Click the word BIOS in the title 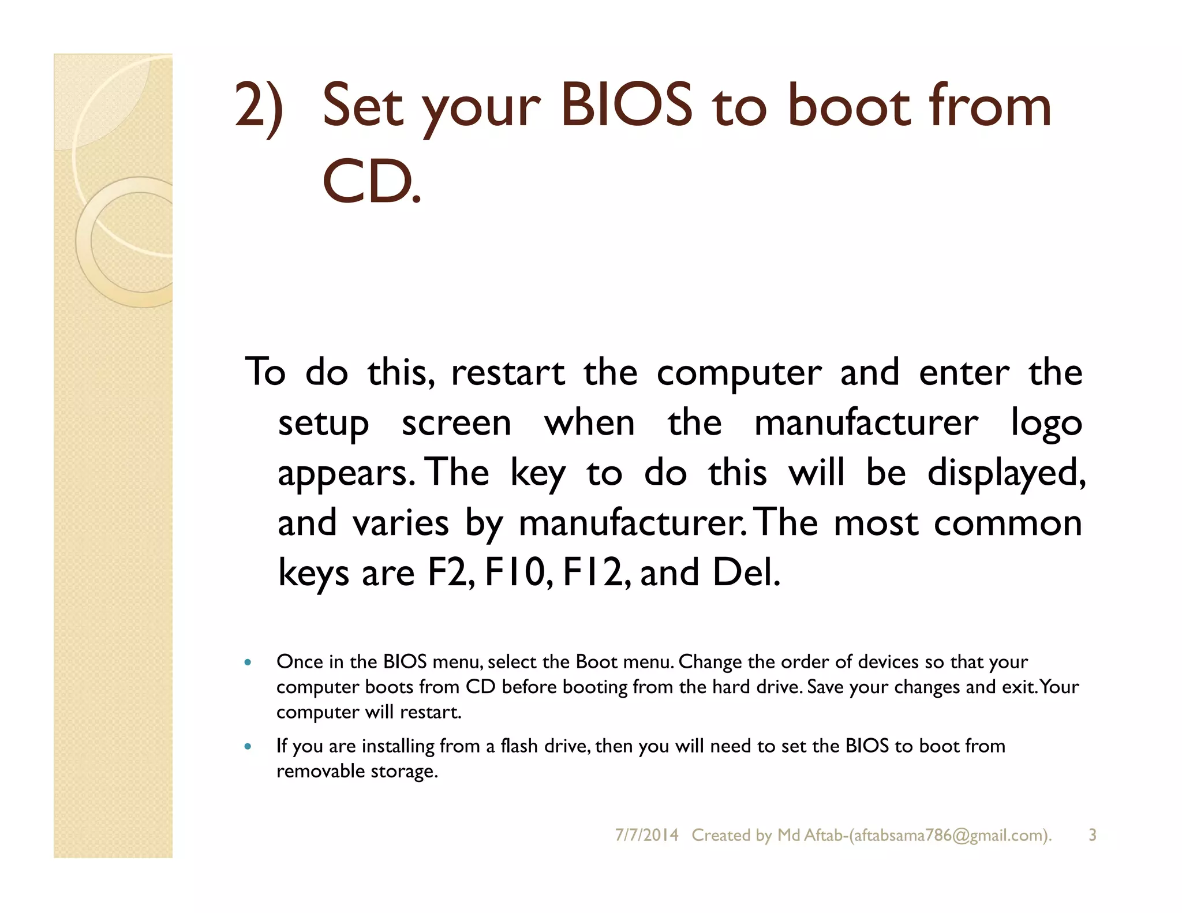[626, 105]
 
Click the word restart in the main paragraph [507, 373]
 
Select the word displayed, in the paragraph [1006, 473]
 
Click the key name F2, [451, 573]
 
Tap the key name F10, [518, 573]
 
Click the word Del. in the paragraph [746, 573]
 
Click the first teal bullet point [248, 663]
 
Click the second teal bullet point [248, 746]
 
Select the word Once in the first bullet [299, 662]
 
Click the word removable [320, 771]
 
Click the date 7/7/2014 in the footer [646, 835]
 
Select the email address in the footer [950, 835]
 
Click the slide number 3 [1092, 835]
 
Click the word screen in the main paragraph [456, 424]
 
